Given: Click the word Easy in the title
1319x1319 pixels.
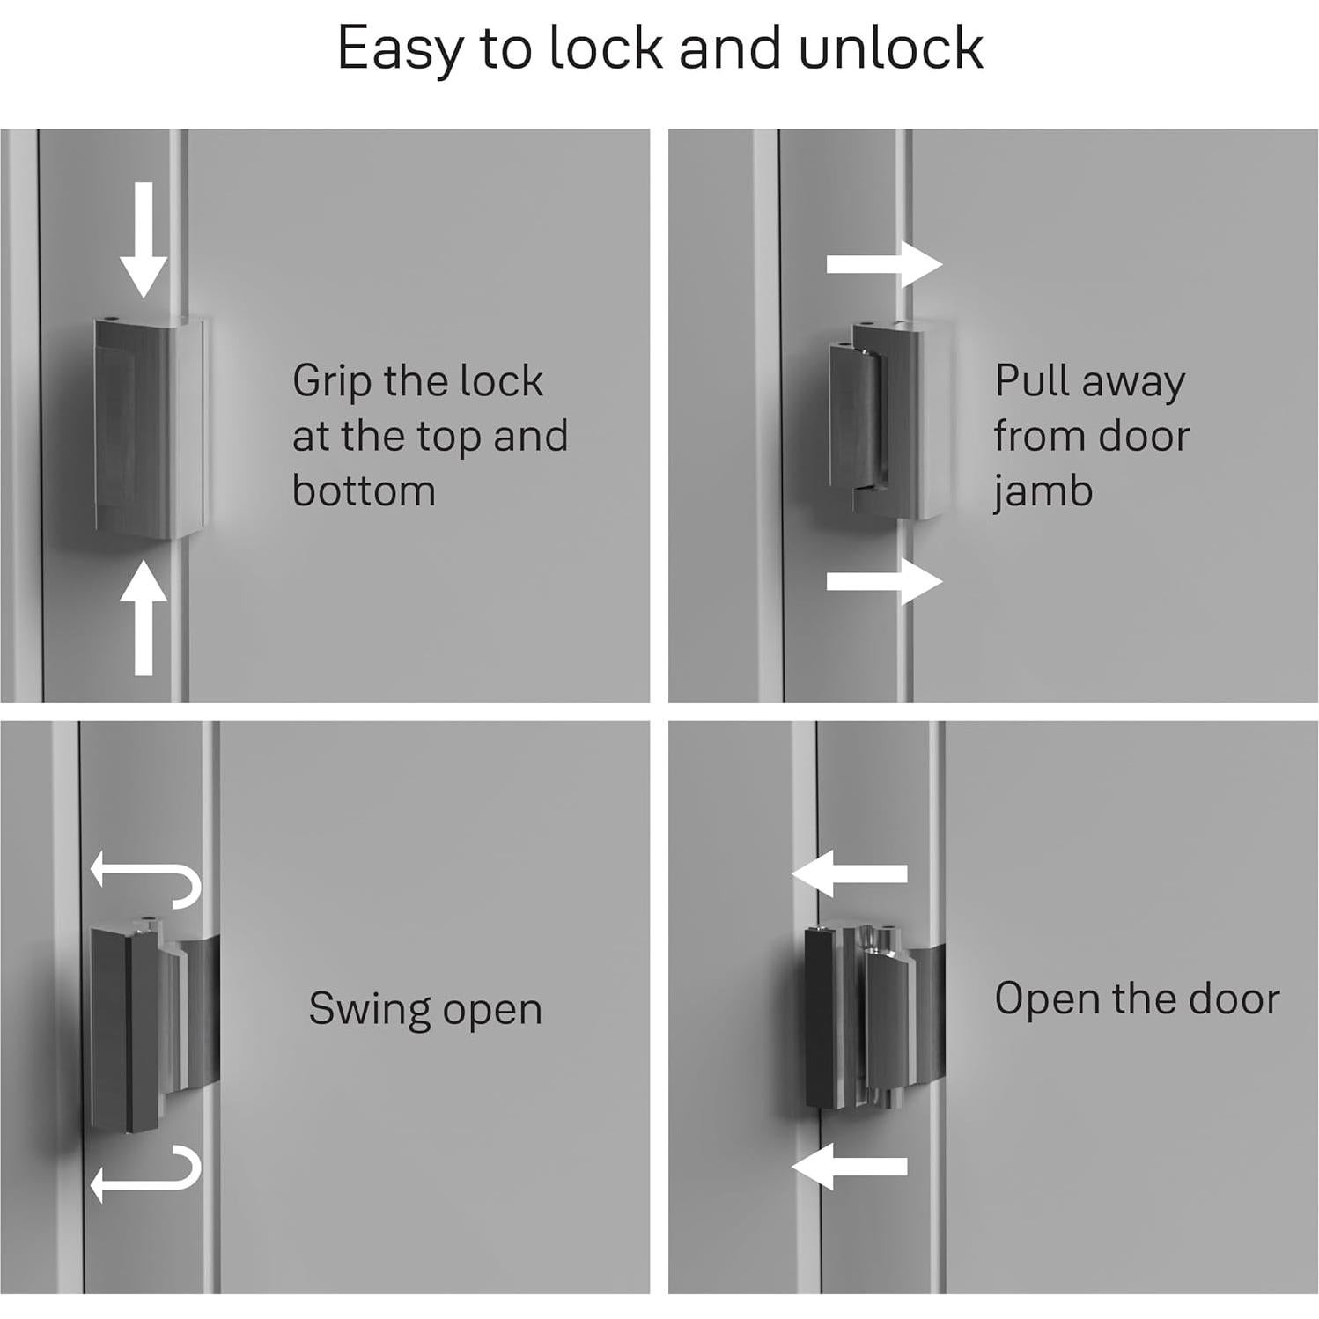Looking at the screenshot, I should (398, 48).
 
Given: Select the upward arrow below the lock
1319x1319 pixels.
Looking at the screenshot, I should (144, 620).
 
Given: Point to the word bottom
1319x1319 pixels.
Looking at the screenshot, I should (364, 490).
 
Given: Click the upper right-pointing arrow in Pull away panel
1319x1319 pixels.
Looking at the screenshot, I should (883, 264).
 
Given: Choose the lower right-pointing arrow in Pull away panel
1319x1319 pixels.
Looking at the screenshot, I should (883, 581).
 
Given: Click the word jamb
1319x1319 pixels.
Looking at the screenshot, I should (1043, 491).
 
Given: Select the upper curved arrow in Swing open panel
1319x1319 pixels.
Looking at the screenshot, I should (145, 879).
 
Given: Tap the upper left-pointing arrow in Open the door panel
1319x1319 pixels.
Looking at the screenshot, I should (850, 873).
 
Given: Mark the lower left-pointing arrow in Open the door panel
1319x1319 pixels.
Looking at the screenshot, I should (850, 1166).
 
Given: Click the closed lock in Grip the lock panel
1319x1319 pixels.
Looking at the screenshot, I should (148, 428).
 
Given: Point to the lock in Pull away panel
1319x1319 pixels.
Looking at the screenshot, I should (889, 426).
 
